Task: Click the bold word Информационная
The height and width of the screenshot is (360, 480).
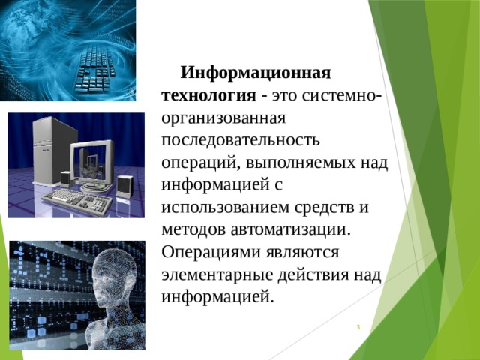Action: pyautogui.click(x=256, y=74)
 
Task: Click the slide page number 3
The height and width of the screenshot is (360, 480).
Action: pyautogui.click(x=358, y=327)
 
